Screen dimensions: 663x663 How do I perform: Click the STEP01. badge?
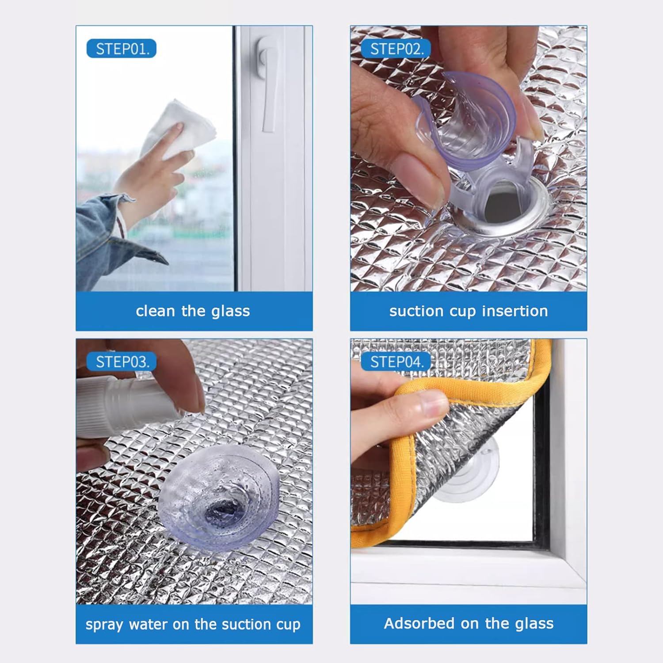(x=122, y=49)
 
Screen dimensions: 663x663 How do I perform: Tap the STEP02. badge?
(x=396, y=49)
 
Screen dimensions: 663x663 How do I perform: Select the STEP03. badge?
(x=122, y=362)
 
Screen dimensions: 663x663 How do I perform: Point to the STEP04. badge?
(x=396, y=362)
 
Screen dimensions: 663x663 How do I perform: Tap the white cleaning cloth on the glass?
(x=181, y=128)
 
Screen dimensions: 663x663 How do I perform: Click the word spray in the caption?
(x=104, y=625)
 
